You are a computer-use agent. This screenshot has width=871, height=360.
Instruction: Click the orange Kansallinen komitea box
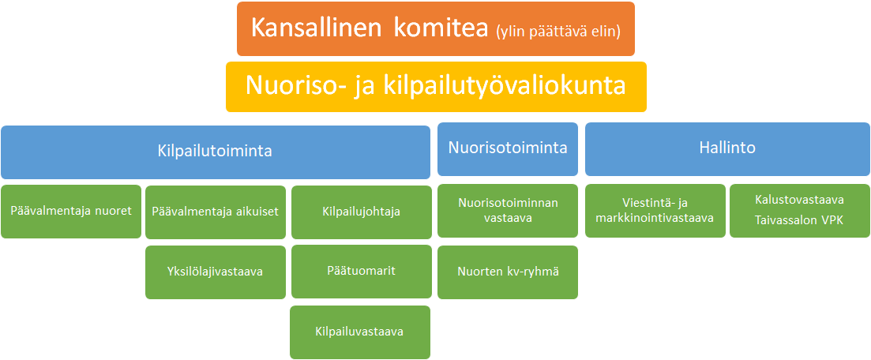coord(436,29)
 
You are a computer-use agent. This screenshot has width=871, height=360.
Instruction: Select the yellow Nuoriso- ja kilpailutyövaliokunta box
coord(436,87)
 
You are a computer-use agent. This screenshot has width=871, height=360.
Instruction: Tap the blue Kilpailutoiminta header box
coord(216,152)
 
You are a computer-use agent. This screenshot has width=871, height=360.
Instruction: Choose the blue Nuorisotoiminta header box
coord(508,149)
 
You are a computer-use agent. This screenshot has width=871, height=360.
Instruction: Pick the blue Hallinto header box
coord(728,149)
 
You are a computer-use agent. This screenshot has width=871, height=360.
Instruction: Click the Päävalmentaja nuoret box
coord(71,211)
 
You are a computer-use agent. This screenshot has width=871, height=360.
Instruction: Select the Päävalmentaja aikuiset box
coord(216,212)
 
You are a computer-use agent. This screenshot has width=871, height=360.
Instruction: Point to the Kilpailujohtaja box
coord(362,212)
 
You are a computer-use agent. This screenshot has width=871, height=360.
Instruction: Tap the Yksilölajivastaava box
coord(216,272)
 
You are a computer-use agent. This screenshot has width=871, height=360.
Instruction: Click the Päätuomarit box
coord(362,272)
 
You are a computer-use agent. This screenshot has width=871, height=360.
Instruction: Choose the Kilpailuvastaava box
coord(360,332)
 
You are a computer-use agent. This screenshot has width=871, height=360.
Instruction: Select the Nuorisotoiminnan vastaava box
coord(508,211)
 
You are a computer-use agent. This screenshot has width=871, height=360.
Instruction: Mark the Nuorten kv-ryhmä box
coord(508,272)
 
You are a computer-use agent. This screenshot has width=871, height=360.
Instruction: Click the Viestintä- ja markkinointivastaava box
coord(655,211)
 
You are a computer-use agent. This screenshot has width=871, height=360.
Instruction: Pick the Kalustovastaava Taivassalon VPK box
coord(800,211)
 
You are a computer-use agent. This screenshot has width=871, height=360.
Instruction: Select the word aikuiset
coord(257,212)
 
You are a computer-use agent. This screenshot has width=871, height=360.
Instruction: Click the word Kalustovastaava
coord(799,200)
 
